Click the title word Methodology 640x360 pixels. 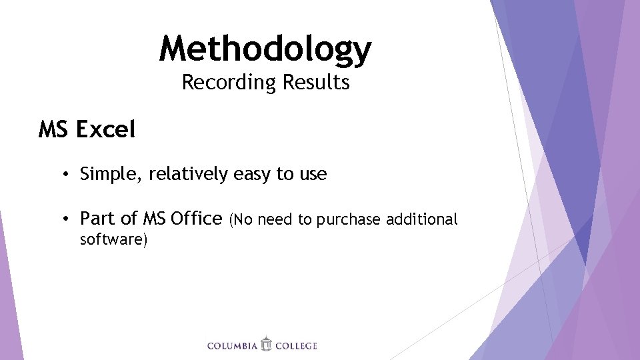coord(265,49)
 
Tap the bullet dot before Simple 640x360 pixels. coord(67,175)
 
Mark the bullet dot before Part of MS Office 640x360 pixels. coord(67,219)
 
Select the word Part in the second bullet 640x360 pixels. coord(97,218)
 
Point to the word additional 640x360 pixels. coord(425,219)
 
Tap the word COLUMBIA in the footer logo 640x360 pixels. coord(232,345)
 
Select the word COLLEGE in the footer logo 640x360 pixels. coord(296,345)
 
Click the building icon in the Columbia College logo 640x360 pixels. coord(267,344)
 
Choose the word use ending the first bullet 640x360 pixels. coord(313,175)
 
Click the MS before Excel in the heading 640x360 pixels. coord(54,129)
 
